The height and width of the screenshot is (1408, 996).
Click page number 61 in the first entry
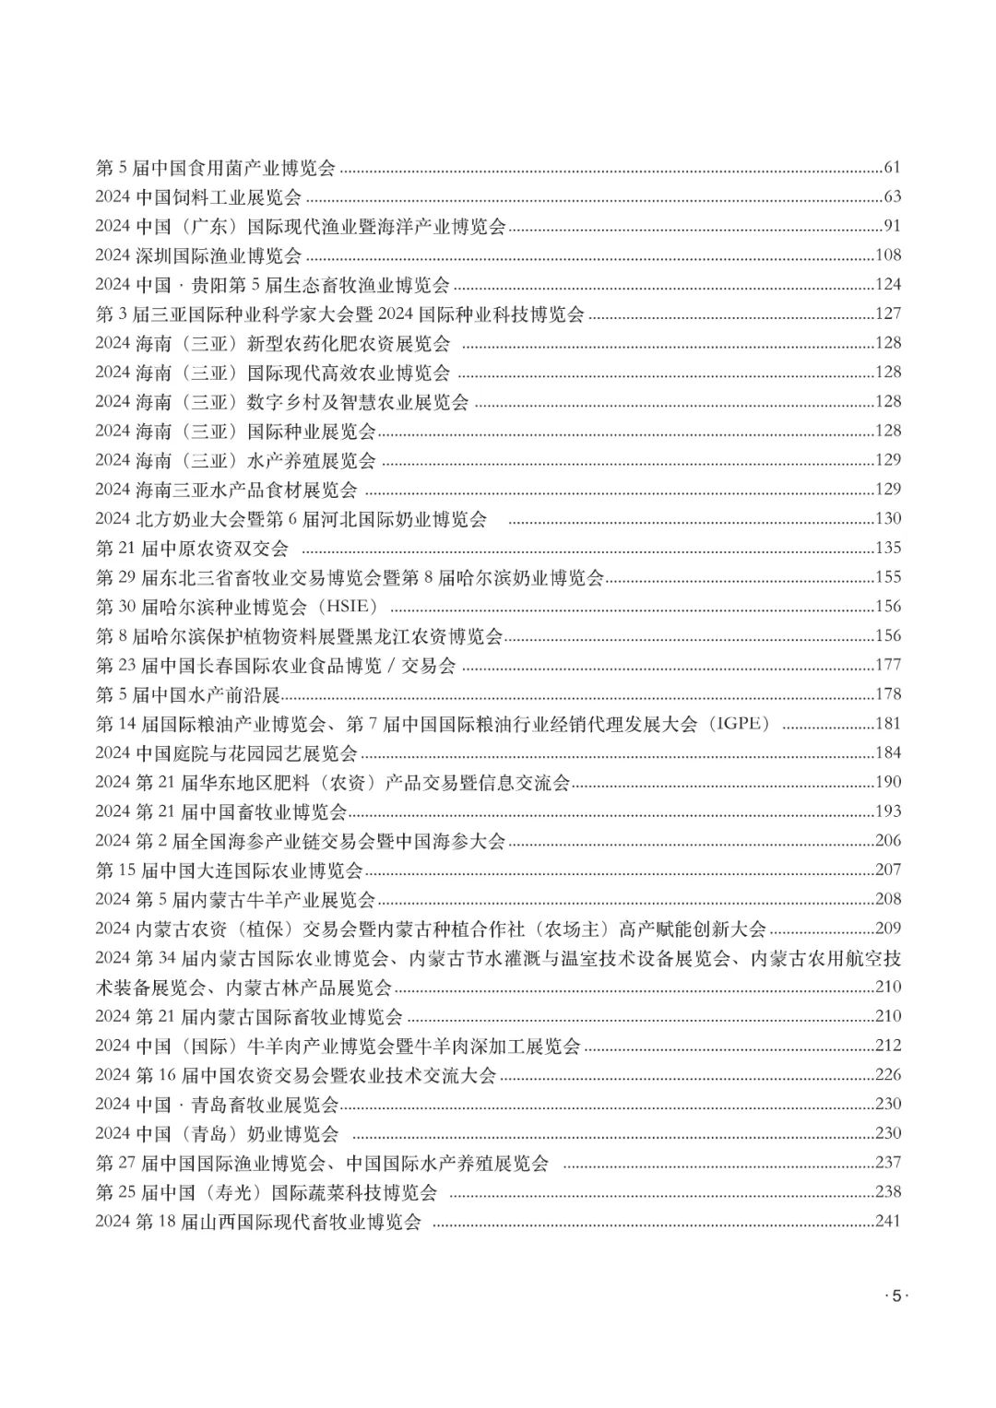tap(891, 168)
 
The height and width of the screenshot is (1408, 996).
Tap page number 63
tap(891, 197)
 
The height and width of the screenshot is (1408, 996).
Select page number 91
tap(891, 226)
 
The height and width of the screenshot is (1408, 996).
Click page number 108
tap(887, 255)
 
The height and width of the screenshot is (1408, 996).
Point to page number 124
tap(887, 285)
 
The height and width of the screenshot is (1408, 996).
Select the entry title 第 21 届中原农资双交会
tap(192, 549)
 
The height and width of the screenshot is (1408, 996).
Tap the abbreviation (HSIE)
tap(354, 607)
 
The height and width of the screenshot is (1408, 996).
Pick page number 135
tap(887, 549)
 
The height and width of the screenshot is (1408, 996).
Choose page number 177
tap(887, 666)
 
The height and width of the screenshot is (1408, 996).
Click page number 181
tap(887, 724)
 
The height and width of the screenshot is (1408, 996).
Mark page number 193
tap(887, 811)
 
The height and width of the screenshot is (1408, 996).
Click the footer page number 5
tap(895, 1296)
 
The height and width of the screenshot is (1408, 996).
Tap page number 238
tap(887, 1192)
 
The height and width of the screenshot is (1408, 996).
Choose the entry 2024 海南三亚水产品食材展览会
tap(226, 490)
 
